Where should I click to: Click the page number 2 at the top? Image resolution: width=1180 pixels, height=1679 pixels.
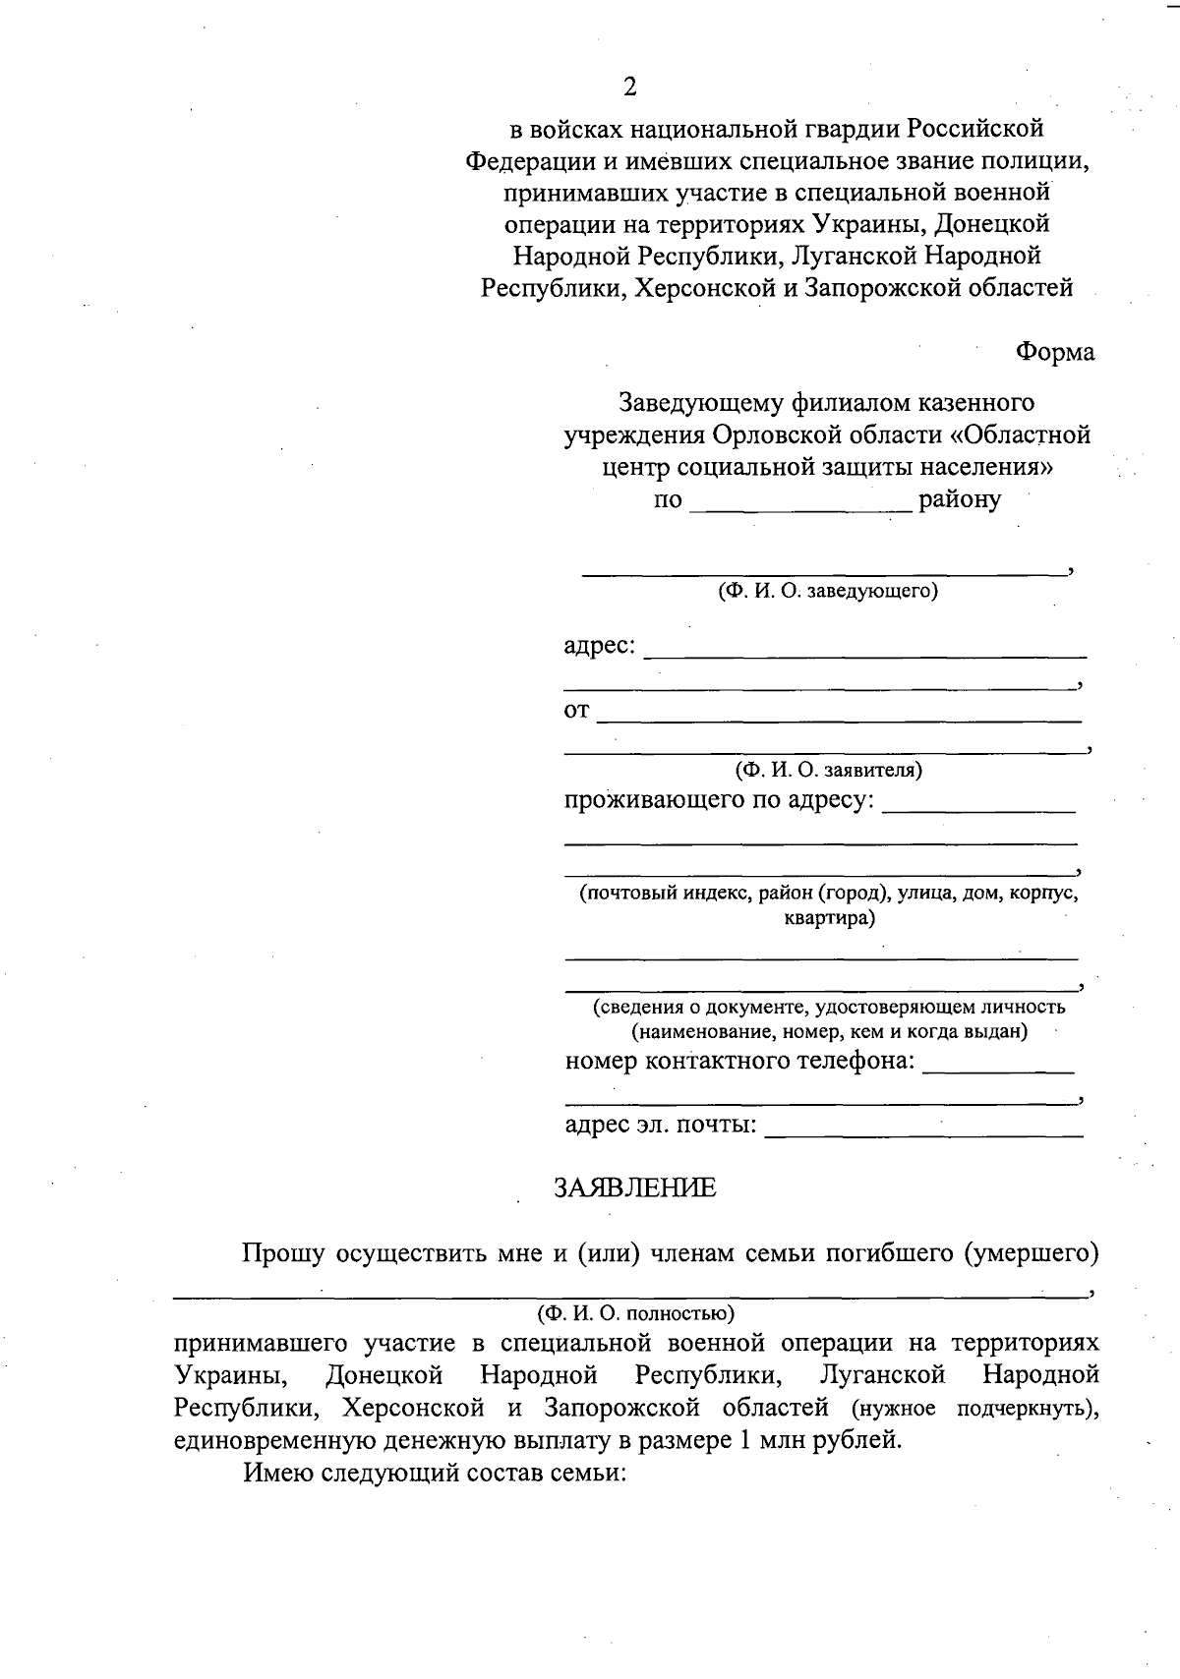pyautogui.click(x=629, y=87)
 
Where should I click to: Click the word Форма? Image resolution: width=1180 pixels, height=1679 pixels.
pyautogui.click(x=1054, y=352)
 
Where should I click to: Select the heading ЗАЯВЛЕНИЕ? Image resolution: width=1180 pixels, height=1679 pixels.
pyautogui.click(x=635, y=1188)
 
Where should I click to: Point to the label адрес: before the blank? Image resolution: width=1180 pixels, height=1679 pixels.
pyautogui.click(x=600, y=648)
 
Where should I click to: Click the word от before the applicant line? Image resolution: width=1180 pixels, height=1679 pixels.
pyautogui.click(x=576, y=711)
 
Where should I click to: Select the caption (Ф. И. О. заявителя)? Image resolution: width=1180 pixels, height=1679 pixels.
pyautogui.click(x=828, y=770)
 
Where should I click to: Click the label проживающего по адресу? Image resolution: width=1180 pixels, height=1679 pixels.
pyautogui.click(x=719, y=800)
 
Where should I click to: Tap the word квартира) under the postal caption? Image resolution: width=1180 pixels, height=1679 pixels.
pyautogui.click(x=829, y=919)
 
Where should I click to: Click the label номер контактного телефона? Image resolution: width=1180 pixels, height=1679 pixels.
pyautogui.click(x=739, y=1062)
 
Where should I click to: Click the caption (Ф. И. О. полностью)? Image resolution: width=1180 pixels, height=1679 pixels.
pyautogui.click(x=635, y=1313)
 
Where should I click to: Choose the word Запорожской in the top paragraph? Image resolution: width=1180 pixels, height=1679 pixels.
pyautogui.click(x=892, y=288)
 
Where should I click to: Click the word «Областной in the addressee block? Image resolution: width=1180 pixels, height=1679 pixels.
pyautogui.click(x=1024, y=434)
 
